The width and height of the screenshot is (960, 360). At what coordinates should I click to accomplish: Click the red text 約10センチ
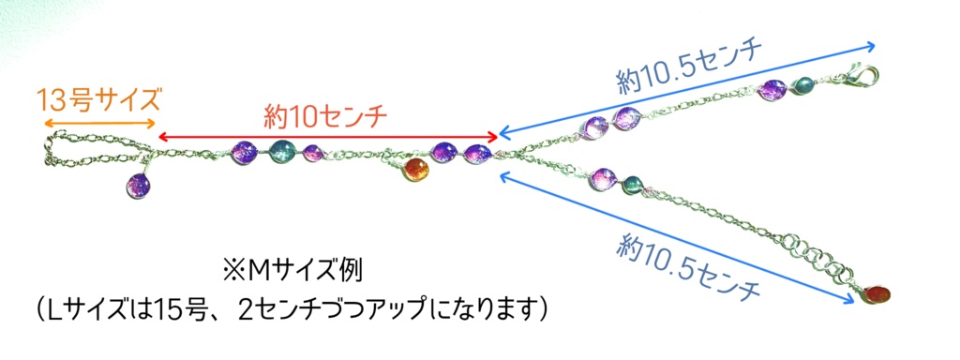325,116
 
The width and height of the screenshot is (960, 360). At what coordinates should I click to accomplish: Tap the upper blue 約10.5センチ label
690,67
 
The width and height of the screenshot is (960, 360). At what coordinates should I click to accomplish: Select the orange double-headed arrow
99,124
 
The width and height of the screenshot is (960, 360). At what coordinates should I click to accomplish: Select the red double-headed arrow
328,137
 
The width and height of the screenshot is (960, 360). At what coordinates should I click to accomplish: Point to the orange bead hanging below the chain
415,170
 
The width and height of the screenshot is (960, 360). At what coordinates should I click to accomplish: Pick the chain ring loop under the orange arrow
94,150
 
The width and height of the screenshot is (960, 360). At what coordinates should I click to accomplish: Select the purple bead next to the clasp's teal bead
772,91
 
